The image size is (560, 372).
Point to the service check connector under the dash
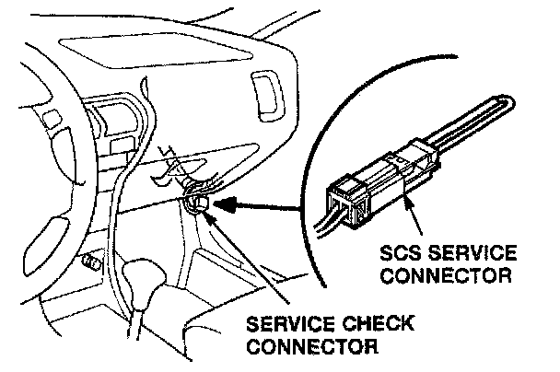coord(196,200)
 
